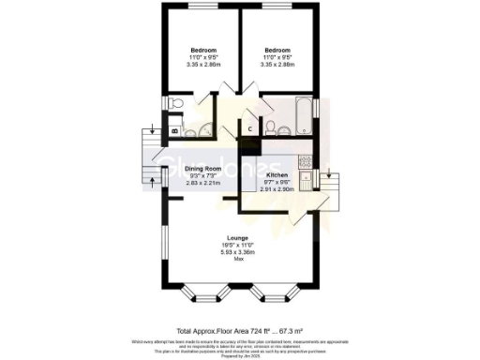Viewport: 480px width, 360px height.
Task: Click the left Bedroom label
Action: pos(203,50)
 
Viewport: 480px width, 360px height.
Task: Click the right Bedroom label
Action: pos(277,50)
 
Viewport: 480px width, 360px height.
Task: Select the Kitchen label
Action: pos(277,175)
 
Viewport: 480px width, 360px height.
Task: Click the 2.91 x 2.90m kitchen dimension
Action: pos(277,190)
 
